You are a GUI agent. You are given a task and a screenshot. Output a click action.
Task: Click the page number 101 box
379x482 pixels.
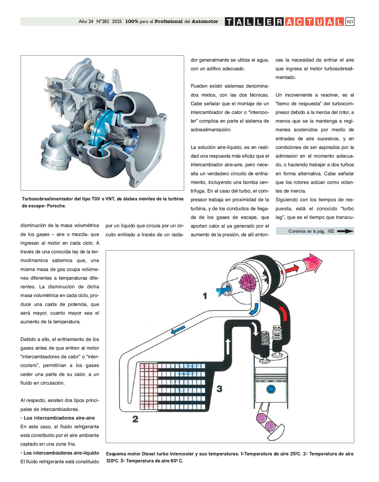[x=350, y=22]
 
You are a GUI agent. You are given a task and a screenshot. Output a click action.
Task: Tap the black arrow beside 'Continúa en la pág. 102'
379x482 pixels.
[x=345, y=231]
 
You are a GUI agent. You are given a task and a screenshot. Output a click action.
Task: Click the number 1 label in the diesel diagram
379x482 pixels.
[x=205, y=296]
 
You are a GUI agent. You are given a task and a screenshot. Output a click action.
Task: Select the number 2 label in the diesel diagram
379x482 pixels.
[x=135, y=419]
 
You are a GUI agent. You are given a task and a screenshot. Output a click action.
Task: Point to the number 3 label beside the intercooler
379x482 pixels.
[x=219, y=389]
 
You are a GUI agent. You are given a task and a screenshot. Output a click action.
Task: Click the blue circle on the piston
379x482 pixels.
[x=271, y=389]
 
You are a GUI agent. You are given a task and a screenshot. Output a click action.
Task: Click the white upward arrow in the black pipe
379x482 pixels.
[x=228, y=346]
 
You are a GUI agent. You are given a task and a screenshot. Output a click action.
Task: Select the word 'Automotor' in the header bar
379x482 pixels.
[x=205, y=22]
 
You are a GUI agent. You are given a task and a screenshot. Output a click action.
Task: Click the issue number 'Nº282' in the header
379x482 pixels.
[x=103, y=22]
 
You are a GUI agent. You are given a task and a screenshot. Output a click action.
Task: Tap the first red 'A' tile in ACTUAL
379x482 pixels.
[x=289, y=22]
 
